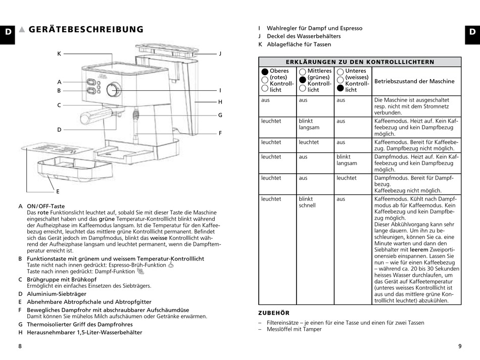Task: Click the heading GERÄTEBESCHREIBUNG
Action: [x=86, y=29]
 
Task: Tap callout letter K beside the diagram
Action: [x=59, y=54]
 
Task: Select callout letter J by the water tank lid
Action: [x=220, y=54]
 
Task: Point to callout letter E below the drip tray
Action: [x=58, y=191]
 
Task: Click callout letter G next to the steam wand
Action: [x=220, y=115]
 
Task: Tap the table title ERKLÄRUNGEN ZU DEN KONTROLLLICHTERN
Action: [x=360, y=62]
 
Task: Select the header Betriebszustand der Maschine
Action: [x=414, y=81]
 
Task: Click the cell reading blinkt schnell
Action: [x=307, y=202]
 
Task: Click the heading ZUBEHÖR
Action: [x=274, y=313]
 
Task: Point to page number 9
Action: [x=460, y=346]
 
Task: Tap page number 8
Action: [x=20, y=346]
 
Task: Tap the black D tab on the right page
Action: [x=472, y=32]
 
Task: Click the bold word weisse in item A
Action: [x=159, y=238]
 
